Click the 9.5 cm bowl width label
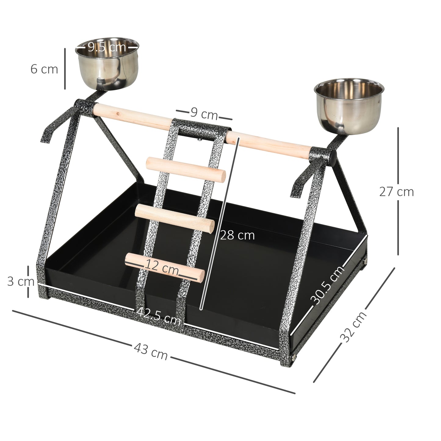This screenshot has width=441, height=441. pyautogui.click(x=107, y=47)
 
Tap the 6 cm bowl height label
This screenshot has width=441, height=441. pyautogui.click(x=44, y=69)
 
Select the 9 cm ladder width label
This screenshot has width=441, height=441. pyautogui.click(x=204, y=114)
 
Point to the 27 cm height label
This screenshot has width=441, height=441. pyautogui.click(x=396, y=192)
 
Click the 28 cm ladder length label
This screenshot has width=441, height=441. pyautogui.click(x=237, y=235)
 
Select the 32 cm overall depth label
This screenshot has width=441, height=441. pyautogui.click(x=353, y=327)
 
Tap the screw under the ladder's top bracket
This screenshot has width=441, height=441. pyautogui.click(x=199, y=140)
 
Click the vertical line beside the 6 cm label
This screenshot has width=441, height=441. pyautogui.click(x=65, y=69)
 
